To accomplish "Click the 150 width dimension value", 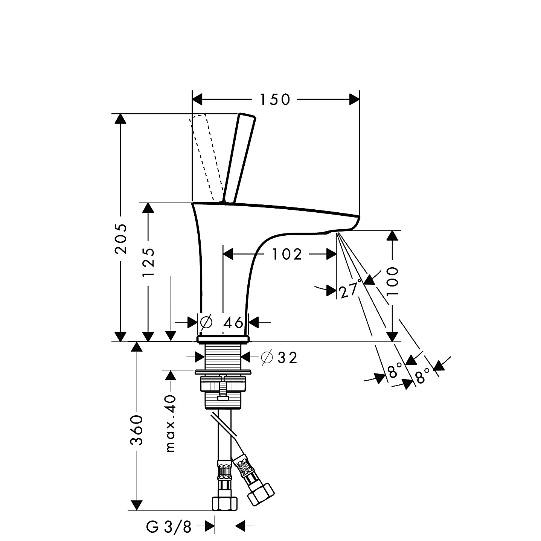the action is (275, 100).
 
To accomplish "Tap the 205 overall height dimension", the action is (121, 239).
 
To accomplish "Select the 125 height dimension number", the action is (148, 262).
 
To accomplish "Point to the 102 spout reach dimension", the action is (287, 254).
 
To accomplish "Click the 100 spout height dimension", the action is (392, 281).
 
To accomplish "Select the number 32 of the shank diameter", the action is (287, 358).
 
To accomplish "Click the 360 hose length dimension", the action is (137, 430).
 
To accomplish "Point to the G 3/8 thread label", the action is (169, 527).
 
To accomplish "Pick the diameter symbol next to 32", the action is (267, 358).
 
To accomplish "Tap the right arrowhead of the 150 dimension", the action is (354, 100).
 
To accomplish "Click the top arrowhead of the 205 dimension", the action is (121, 119).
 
